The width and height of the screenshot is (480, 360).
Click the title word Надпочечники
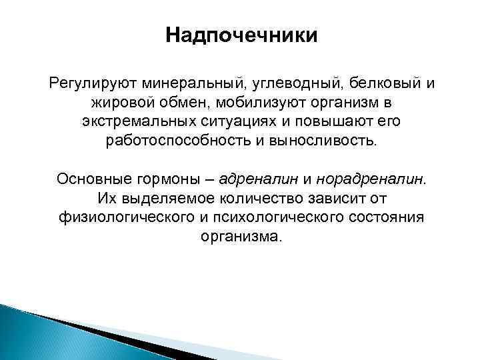pos(242,34)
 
